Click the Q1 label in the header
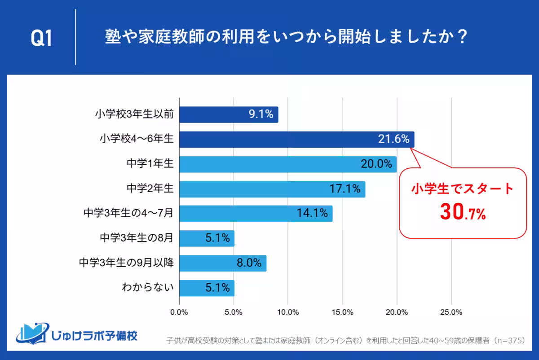[x=41, y=38]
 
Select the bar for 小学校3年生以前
[x=229, y=115]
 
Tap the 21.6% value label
[x=393, y=140]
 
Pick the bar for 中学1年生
[x=288, y=164]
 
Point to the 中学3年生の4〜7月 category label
[x=128, y=213]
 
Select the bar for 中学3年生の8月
[x=207, y=238]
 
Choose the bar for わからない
[x=207, y=288]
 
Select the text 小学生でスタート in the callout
[x=463, y=189]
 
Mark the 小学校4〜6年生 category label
[x=137, y=140]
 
